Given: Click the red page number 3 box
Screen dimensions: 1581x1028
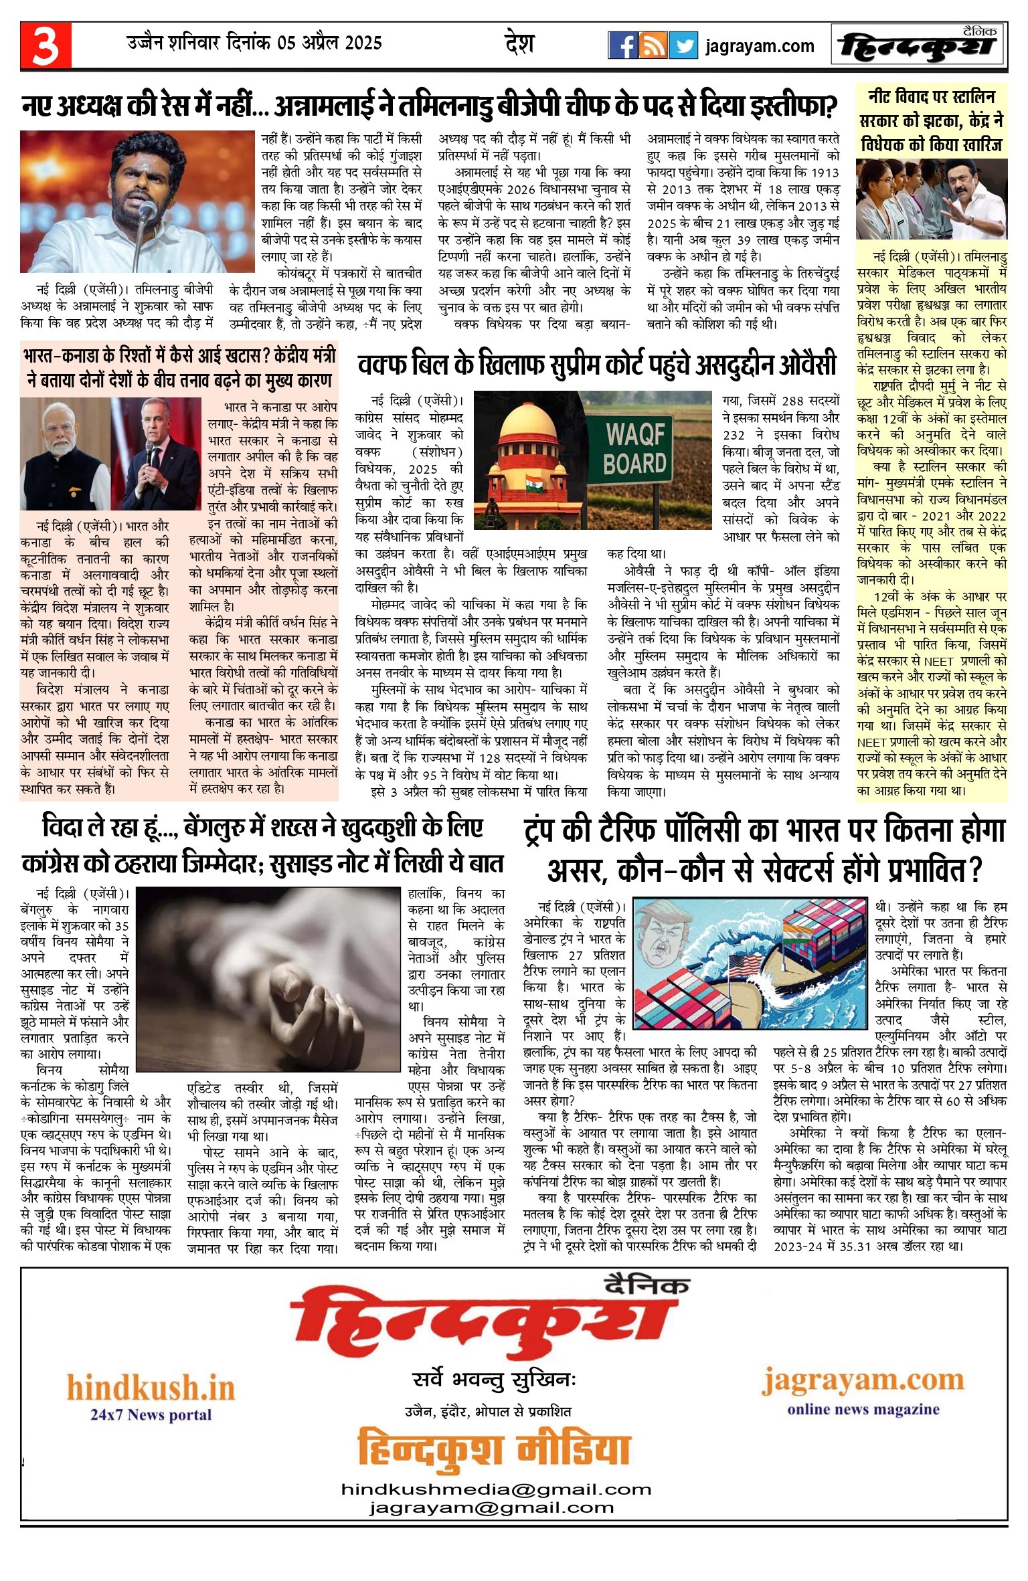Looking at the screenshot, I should click(x=46, y=45).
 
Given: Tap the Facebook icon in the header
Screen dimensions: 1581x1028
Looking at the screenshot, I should click(x=622, y=45).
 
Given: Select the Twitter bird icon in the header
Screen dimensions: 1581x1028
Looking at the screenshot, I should click(x=683, y=45).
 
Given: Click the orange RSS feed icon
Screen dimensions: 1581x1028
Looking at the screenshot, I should click(x=653, y=45).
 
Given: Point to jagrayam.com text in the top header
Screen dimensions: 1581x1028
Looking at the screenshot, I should click(x=760, y=46).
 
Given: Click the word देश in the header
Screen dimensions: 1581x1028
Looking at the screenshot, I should click(x=519, y=44).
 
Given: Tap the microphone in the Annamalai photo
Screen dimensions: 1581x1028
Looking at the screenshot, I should click(x=147, y=213).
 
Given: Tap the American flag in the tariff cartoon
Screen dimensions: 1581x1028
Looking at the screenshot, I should click(x=744, y=967).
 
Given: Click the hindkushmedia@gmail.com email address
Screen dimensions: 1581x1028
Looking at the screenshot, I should click(x=496, y=1490).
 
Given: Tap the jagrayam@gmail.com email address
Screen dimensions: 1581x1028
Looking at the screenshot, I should click(x=491, y=1508).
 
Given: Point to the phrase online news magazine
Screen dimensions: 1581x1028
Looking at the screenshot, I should click(x=863, y=1409).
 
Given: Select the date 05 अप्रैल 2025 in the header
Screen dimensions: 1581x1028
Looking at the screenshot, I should click(x=329, y=43).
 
